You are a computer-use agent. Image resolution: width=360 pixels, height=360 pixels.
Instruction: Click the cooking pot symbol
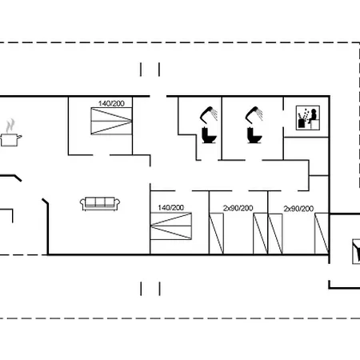coord(10,140)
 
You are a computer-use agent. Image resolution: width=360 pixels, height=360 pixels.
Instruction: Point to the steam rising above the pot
coord(10,126)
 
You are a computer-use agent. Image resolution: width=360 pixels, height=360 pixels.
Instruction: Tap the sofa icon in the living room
coord(100,204)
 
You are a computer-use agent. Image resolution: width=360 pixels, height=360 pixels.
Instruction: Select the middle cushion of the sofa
coord(100,202)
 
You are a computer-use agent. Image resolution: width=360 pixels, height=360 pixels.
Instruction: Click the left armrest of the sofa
coord(82,204)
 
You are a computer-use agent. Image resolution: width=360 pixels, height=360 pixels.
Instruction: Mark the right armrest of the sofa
coord(118,204)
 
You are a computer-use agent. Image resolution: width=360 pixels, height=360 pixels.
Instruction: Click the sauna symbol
coord(308,118)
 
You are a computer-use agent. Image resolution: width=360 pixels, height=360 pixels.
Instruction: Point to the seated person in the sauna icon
coord(314,116)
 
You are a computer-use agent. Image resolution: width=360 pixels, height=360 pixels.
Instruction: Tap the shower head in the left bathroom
coord(208,114)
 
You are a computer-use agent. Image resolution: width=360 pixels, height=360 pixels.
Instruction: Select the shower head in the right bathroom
coord(254,114)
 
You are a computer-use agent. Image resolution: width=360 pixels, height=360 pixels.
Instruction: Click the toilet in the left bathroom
coord(209,135)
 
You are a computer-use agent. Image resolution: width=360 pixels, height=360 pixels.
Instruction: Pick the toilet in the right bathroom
coord(254,135)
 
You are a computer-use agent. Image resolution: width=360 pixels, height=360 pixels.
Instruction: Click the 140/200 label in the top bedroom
coord(111,103)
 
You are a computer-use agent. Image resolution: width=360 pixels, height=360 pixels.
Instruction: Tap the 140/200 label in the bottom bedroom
coord(171,207)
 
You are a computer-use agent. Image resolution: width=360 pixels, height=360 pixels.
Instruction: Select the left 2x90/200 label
coord(238,208)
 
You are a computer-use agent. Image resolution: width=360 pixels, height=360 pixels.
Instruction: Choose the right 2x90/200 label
coord(298,209)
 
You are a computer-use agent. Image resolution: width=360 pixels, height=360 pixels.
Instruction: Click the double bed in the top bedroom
coord(111,121)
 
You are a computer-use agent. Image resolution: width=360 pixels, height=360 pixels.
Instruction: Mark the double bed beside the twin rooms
coord(171,226)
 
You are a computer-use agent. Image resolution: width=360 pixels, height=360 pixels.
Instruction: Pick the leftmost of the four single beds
coord(216,234)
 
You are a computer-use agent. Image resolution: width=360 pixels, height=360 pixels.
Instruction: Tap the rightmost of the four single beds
coord(322,234)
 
